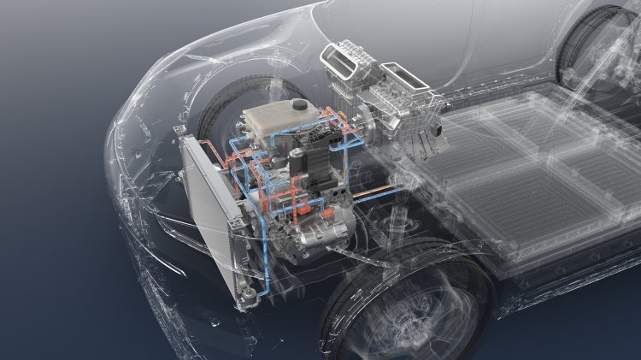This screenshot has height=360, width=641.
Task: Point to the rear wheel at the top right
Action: tap(598, 43)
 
